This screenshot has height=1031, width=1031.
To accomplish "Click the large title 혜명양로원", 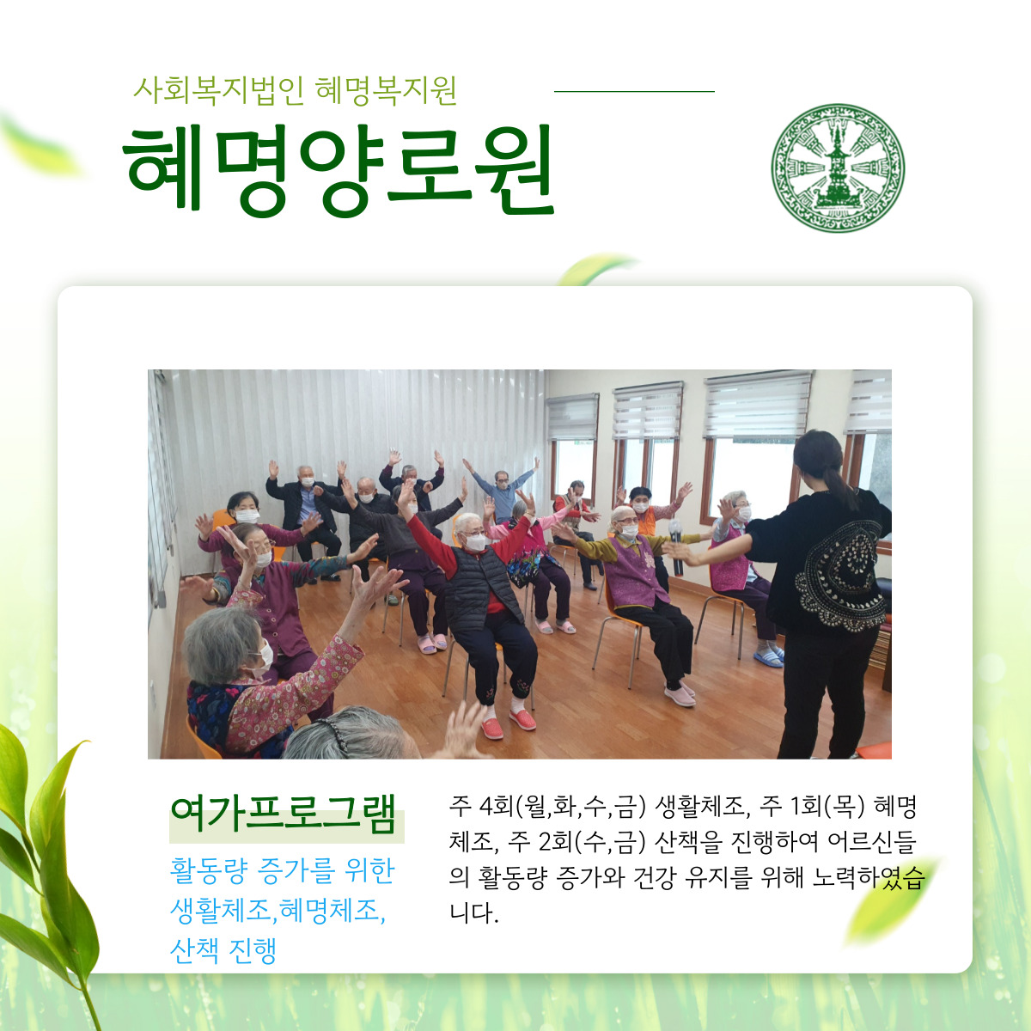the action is click(339, 170).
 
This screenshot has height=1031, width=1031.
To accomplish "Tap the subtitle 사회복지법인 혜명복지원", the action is click(295, 90).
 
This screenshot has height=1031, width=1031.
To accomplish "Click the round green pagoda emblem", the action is click(838, 168).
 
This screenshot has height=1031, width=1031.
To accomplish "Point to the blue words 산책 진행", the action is click(223, 950).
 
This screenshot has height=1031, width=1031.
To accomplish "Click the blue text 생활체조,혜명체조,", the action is click(278, 910).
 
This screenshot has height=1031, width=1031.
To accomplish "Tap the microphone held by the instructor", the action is click(676, 546).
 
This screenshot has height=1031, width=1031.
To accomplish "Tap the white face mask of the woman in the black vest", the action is click(475, 542).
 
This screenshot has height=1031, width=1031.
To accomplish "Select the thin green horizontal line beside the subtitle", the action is click(634, 91).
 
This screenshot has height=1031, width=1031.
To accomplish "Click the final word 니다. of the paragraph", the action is click(474, 913).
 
